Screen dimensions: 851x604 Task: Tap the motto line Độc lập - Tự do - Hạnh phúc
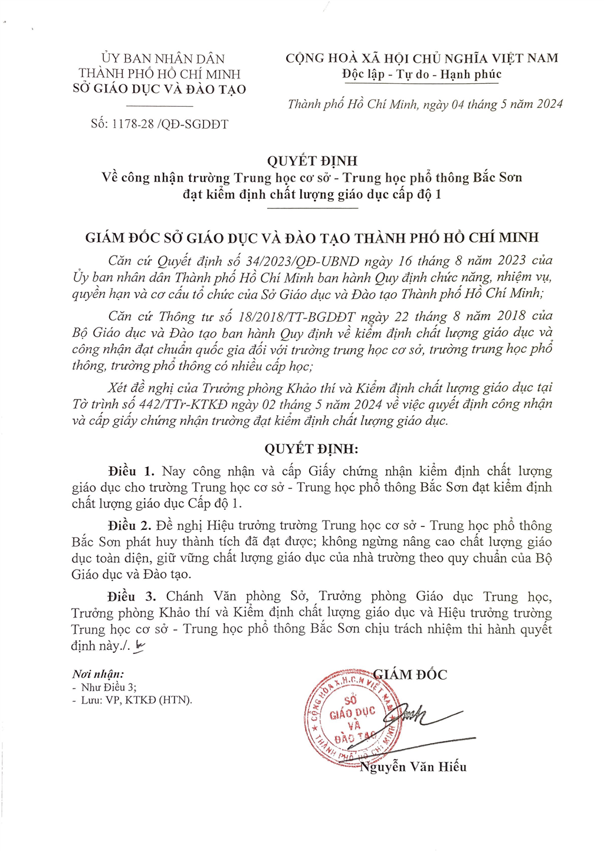coord(421,74)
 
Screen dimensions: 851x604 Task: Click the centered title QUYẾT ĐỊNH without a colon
coord(312,161)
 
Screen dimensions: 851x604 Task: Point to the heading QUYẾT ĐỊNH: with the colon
coord(311,449)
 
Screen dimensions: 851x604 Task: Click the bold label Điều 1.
coord(131,471)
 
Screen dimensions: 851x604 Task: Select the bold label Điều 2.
coord(129,525)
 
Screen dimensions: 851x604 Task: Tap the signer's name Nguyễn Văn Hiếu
coord(413,767)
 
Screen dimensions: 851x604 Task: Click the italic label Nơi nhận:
coord(98,674)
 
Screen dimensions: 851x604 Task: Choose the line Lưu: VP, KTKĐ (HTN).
coord(136,700)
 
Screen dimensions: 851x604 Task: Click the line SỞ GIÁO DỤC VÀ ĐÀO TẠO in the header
coord(160,90)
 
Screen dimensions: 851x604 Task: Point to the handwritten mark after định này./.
coord(140,646)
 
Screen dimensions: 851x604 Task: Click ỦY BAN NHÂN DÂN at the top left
coord(163,58)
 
